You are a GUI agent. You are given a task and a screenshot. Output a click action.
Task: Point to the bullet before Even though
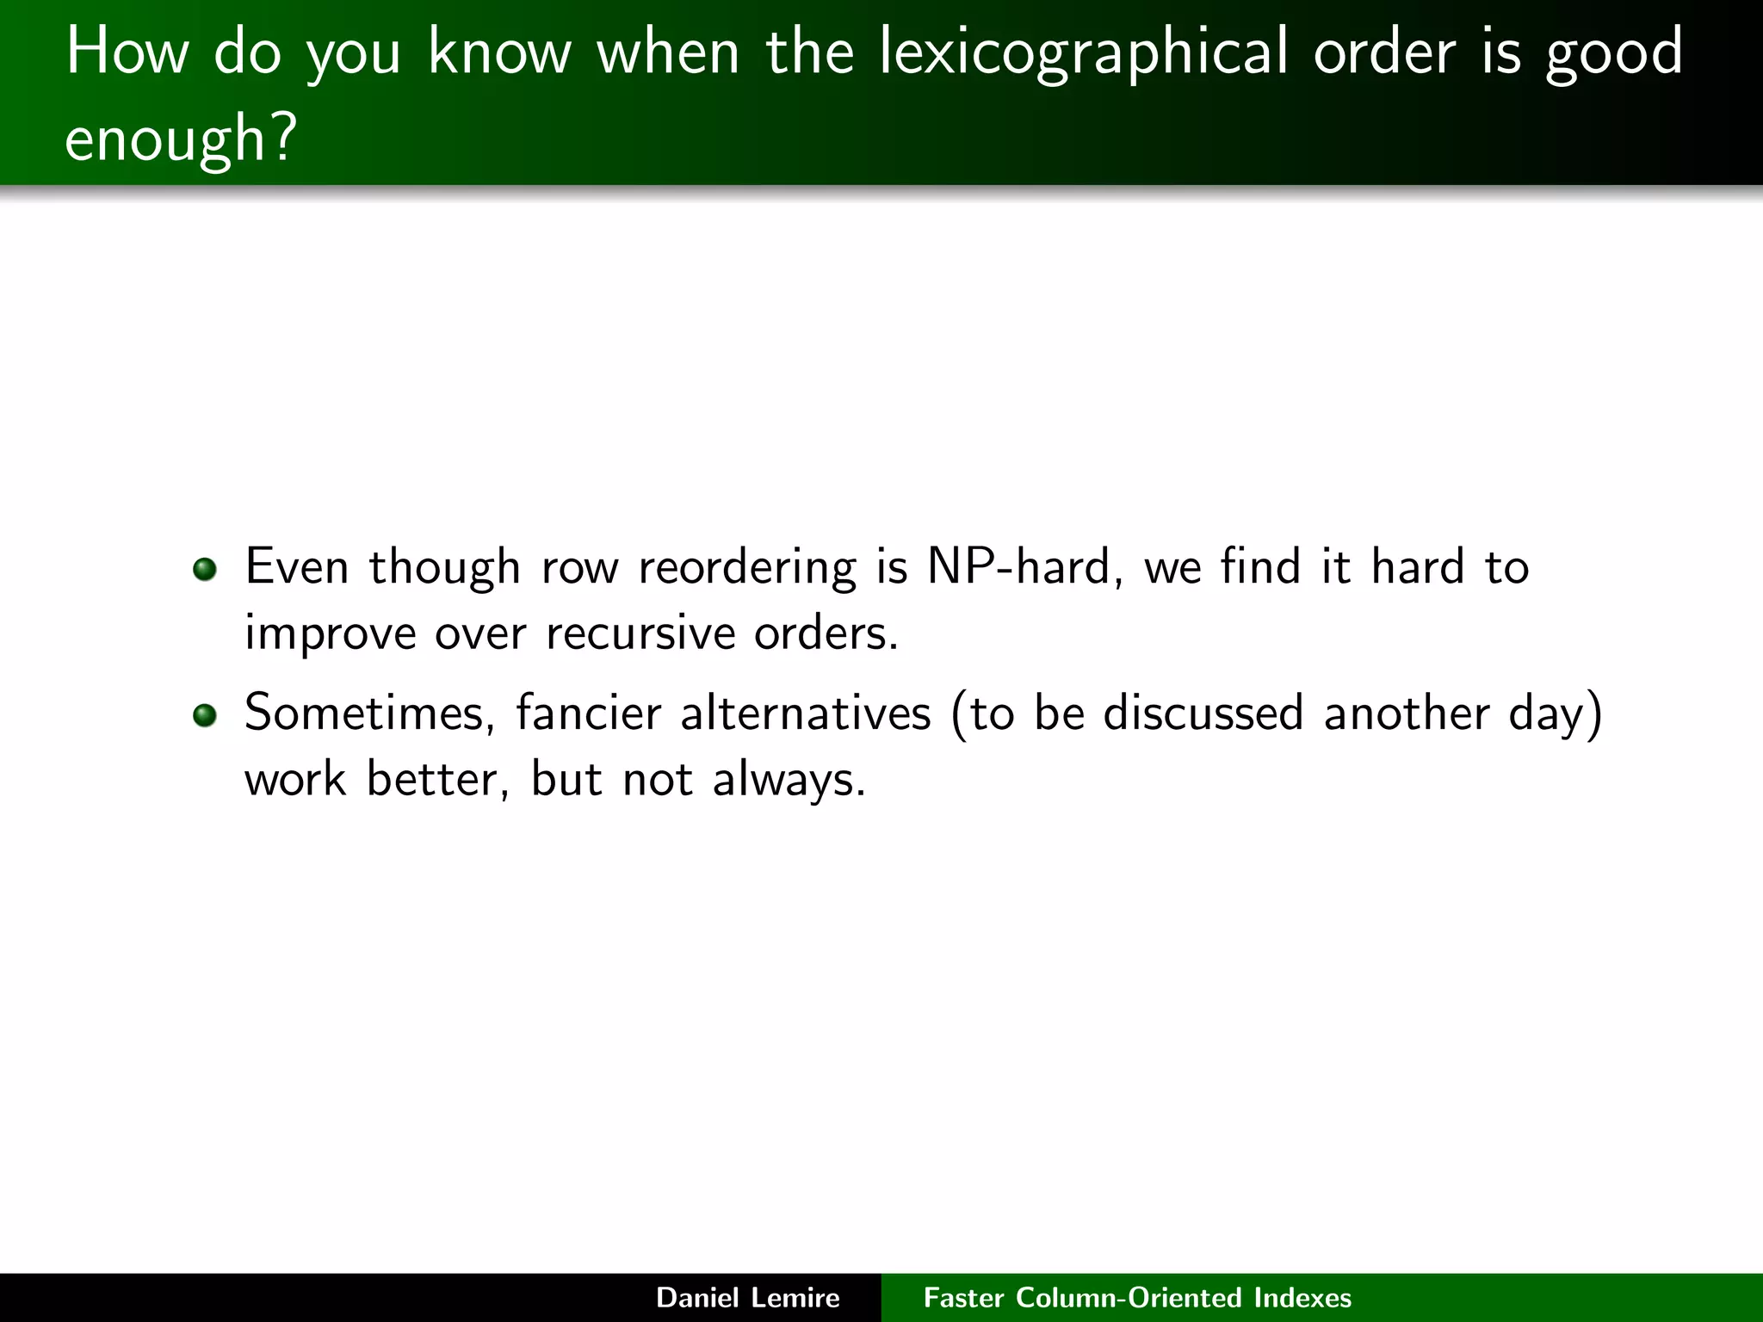click(204, 569)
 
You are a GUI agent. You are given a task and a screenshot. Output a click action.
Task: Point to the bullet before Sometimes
click(204, 715)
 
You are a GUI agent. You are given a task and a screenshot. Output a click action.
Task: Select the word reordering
click(747, 569)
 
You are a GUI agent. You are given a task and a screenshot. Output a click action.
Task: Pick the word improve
click(330, 635)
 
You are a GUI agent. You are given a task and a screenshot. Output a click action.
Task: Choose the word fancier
click(588, 714)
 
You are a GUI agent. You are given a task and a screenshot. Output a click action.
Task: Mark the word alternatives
click(806, 714)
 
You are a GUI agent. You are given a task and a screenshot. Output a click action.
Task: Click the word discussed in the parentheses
click(1203, 714)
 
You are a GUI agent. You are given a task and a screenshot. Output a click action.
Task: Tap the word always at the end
click(789, 781)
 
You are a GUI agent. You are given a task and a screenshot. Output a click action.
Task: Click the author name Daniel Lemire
click(747, 1298)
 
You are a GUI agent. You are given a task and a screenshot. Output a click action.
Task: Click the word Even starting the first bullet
click(297, 567)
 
